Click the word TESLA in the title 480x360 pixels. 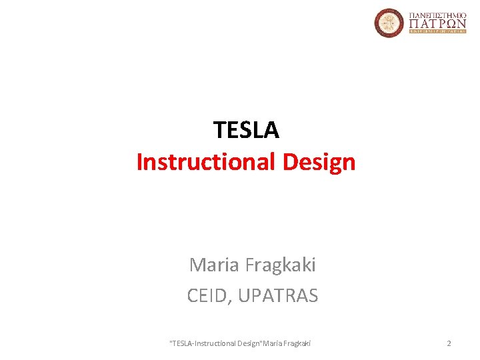coord(246,130)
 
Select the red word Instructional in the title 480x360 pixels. coord(201,162)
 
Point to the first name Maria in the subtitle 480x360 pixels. coord(215,265)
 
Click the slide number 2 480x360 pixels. coord(449,343)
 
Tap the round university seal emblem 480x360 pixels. coord(389,23)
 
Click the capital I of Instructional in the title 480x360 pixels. coord(139,162)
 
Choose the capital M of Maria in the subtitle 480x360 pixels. coord(197,265)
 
